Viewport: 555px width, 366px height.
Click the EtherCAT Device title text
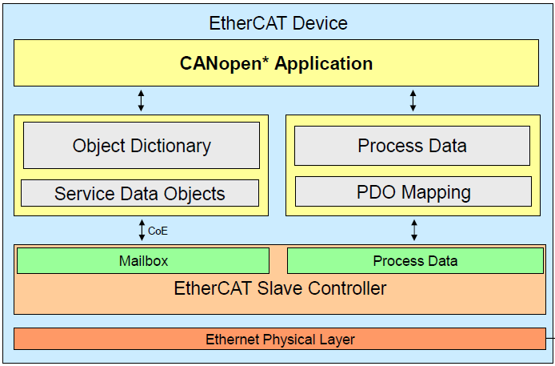click(277, 22)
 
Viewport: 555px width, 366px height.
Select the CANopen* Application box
click(276, 63)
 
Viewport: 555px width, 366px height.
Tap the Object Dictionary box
click(142, 146)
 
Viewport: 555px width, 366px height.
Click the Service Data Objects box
click(140, 193)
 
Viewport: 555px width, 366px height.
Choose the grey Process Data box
click(412, 146)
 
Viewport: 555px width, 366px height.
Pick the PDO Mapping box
click(413, 192)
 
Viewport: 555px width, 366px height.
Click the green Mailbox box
click(143, 260)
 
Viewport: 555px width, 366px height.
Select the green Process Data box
click(415, 260)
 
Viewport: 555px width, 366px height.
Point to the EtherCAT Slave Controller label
click(280, 288)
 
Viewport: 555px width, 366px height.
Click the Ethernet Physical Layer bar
click(280, 339)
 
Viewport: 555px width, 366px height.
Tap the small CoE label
click(158, 231)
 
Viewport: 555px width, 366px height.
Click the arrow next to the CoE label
click(142, 231)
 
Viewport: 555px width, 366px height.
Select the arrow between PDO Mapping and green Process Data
click(413, 231)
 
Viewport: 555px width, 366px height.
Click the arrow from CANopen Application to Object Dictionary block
click(142, 100)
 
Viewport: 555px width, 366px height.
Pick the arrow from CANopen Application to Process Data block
click(413, 100)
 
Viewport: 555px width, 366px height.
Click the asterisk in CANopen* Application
click(267, 60)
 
